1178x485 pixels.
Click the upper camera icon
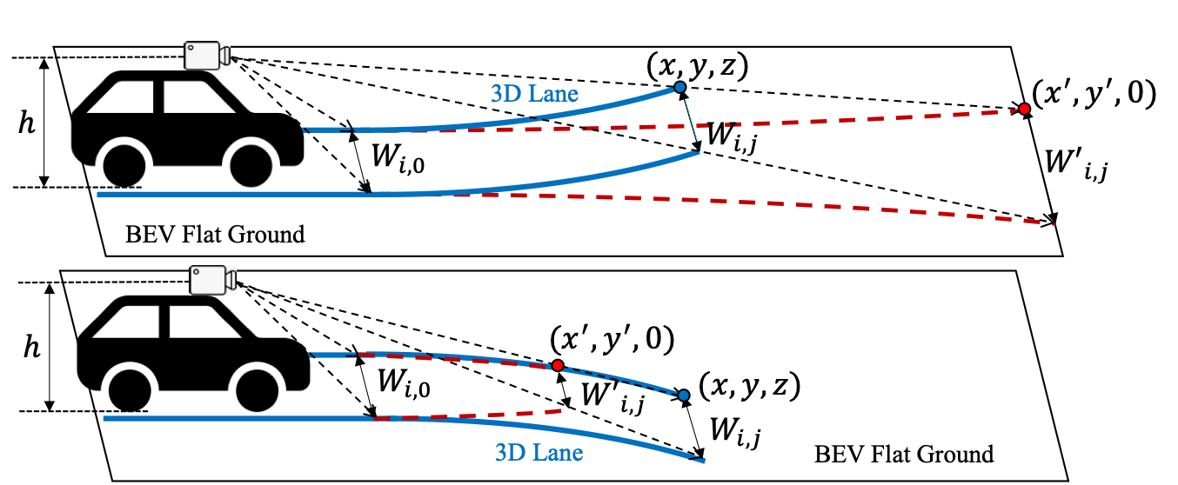tap(206, 56)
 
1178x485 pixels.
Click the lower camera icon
tap(212, 280)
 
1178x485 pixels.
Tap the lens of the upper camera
tap(224, 56)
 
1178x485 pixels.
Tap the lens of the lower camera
tap(231, 280)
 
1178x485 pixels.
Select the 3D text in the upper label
tap(505, 94)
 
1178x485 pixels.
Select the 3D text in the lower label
tap(510, 453)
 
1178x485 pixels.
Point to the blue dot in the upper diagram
tap(680, 87)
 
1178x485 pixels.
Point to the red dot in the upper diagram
tap(1024, 109)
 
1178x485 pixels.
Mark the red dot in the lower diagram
tap(558, 365)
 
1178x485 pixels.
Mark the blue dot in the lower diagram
tap(684, 395)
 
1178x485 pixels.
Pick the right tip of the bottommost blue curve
tap(703, 461)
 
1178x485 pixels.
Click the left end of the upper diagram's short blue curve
tap(305, 130)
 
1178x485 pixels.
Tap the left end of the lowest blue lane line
tap(104, 418)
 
